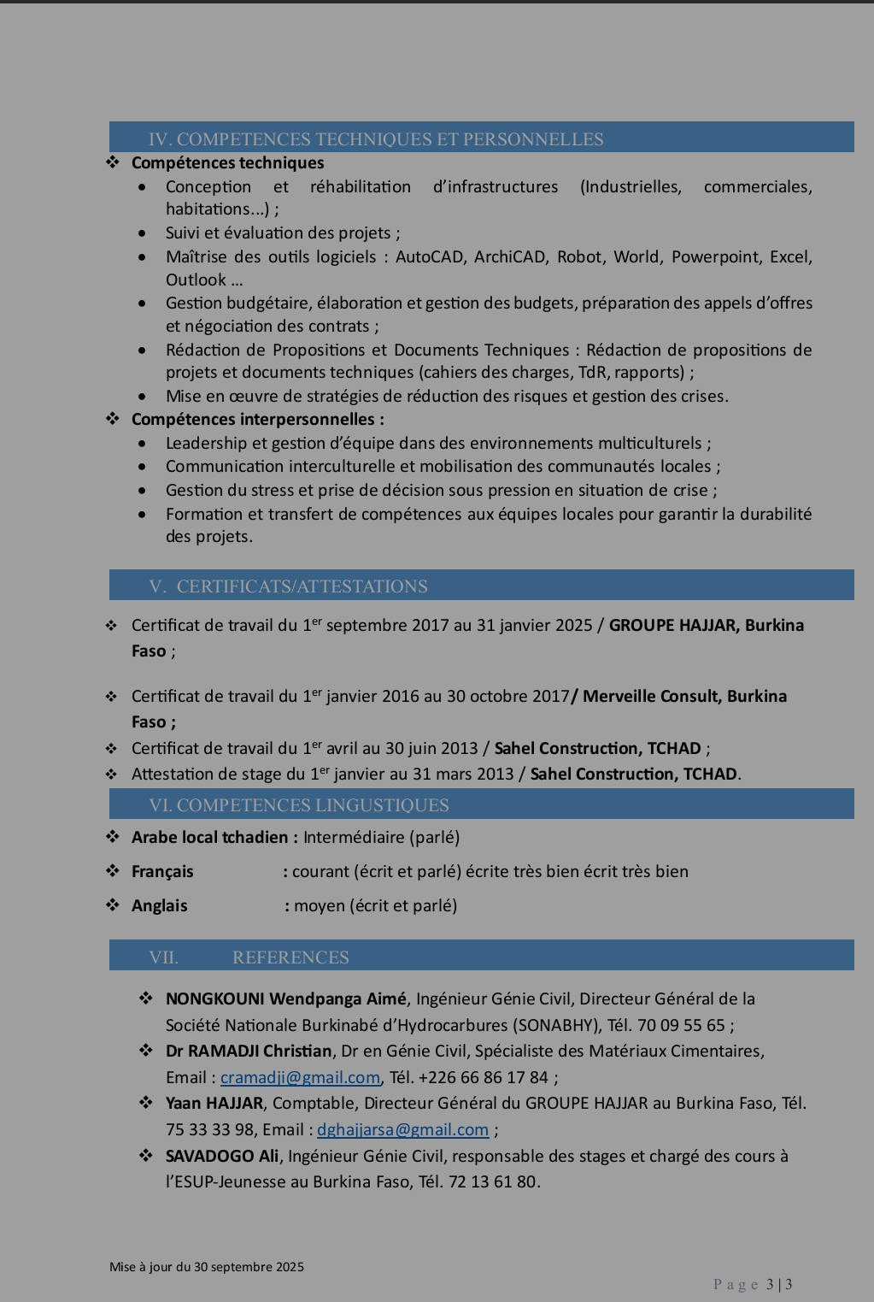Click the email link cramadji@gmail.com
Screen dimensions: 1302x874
(300, 1077)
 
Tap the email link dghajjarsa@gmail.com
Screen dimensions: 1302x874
(402, 1129)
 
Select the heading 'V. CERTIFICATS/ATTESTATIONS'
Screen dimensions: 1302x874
(288, 586)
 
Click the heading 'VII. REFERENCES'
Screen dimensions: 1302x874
(249, 957)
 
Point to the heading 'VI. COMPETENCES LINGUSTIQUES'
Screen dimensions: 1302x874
(298, 805)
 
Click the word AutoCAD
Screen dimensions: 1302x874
(430, 256)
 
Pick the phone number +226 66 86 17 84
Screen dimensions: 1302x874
(483, 1077)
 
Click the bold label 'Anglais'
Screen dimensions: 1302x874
(159, 905)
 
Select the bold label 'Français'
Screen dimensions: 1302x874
(162, 871)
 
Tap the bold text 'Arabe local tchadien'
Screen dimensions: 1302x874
(210, 837)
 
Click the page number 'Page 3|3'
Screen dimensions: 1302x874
(753, 1284)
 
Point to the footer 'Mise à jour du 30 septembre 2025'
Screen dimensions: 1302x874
(207, 1267)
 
